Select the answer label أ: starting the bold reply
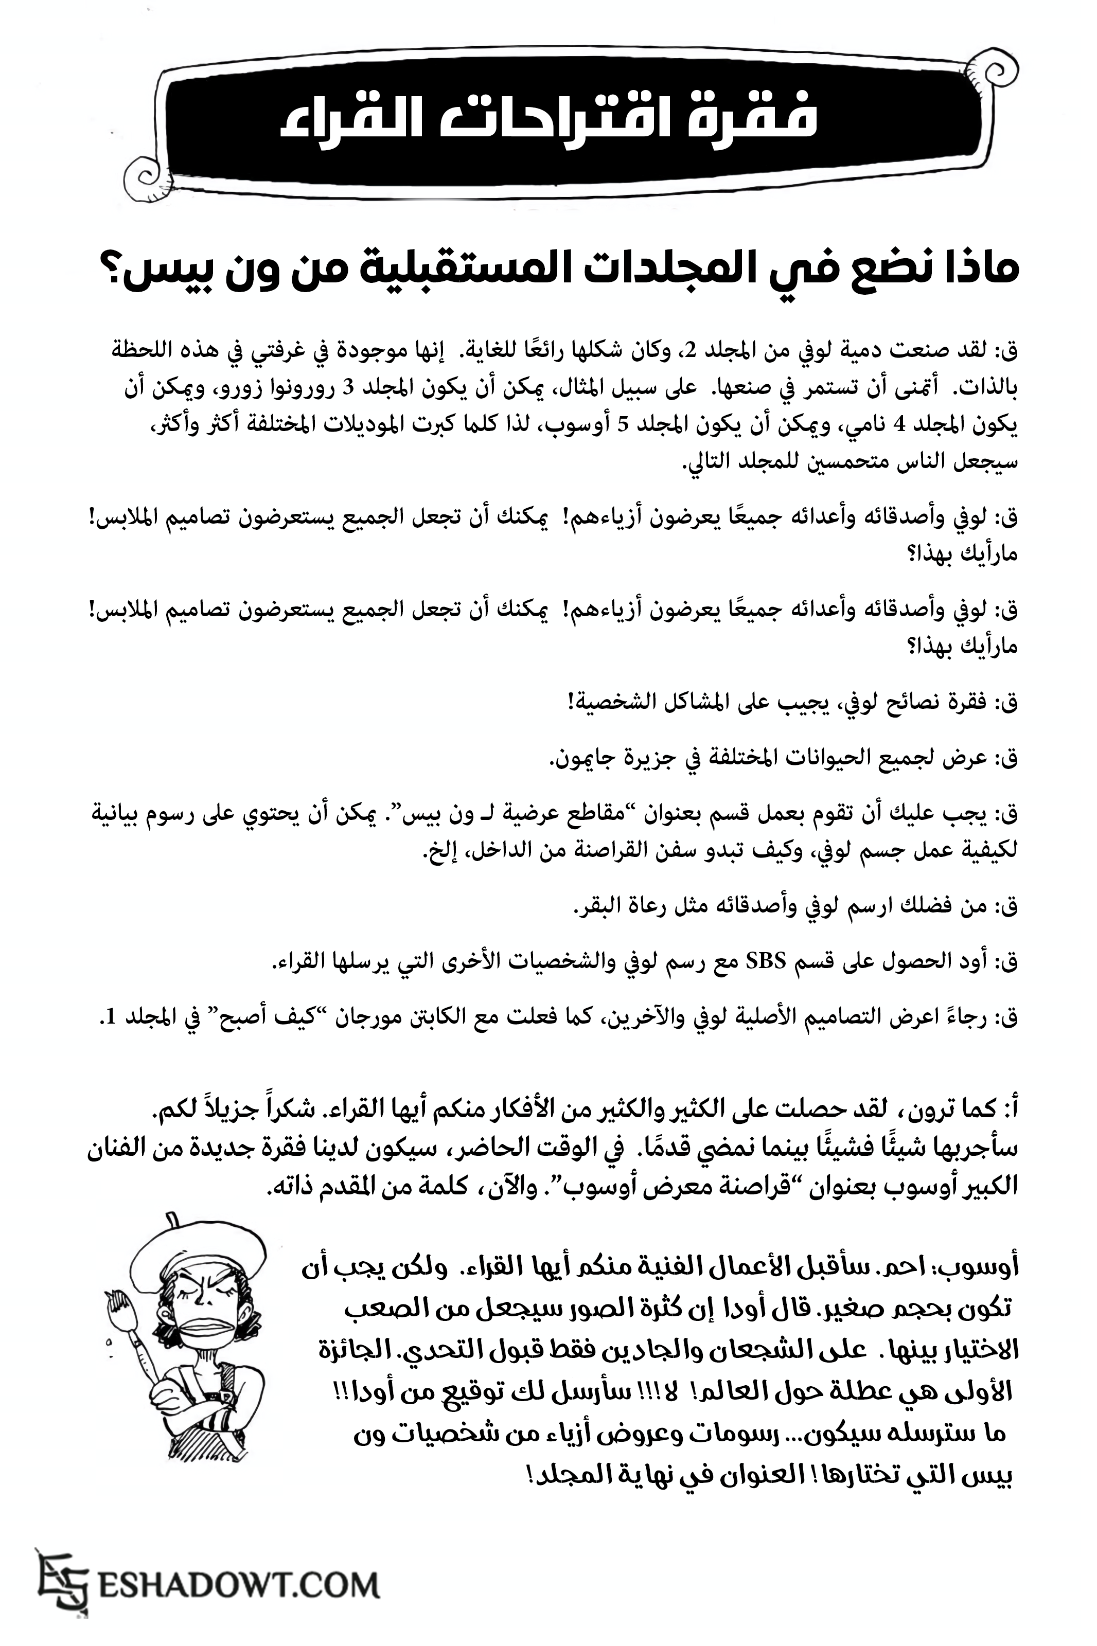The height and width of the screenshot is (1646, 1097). tap(1005, 1111)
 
